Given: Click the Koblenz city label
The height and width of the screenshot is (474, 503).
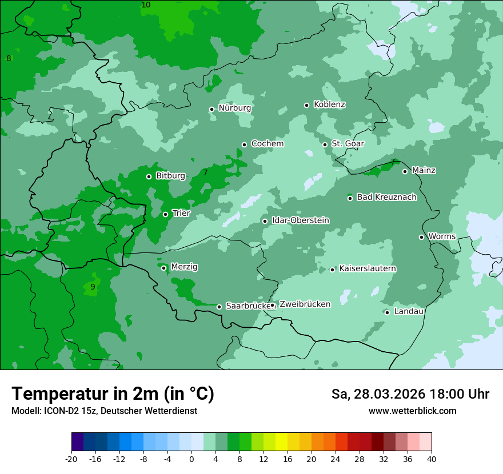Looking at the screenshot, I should coord(329,105).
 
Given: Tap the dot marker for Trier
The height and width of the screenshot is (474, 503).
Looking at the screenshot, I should coord(165,214).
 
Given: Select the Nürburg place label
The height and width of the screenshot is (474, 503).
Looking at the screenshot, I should coord(234,108).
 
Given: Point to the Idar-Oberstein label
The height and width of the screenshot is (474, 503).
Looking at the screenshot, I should coord(300,220).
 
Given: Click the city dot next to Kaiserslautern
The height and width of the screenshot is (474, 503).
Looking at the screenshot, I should coord(332,270).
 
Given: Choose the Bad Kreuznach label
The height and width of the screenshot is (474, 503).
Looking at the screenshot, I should coord(386,197).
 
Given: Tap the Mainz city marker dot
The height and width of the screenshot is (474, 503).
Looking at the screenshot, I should coord(405,171).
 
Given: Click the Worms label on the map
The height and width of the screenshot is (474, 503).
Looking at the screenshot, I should coord(442,236).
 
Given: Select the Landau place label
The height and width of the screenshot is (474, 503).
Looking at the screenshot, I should coord(409,311).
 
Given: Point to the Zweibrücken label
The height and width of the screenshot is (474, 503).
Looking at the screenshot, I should coord(305,304).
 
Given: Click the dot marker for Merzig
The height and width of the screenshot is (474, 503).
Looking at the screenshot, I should coord(163,268).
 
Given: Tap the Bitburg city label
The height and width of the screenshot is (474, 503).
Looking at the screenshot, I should coord(170,176).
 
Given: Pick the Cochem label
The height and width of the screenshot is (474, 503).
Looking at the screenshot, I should coord(267,144).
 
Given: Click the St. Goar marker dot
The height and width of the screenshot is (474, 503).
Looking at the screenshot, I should coord(325,144).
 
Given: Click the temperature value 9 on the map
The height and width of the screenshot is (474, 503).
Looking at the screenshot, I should coord(93,287).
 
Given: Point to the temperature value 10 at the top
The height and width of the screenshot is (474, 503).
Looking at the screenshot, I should coord(146,5).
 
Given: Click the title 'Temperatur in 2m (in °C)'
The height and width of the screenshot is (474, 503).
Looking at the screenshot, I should coord(113,394).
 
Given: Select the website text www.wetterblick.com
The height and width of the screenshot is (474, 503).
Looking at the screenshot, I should coord(412,411).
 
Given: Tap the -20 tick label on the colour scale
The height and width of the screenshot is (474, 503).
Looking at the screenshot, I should coord(71,459).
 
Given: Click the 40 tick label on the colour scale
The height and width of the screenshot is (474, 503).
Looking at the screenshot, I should coord(432,459).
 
